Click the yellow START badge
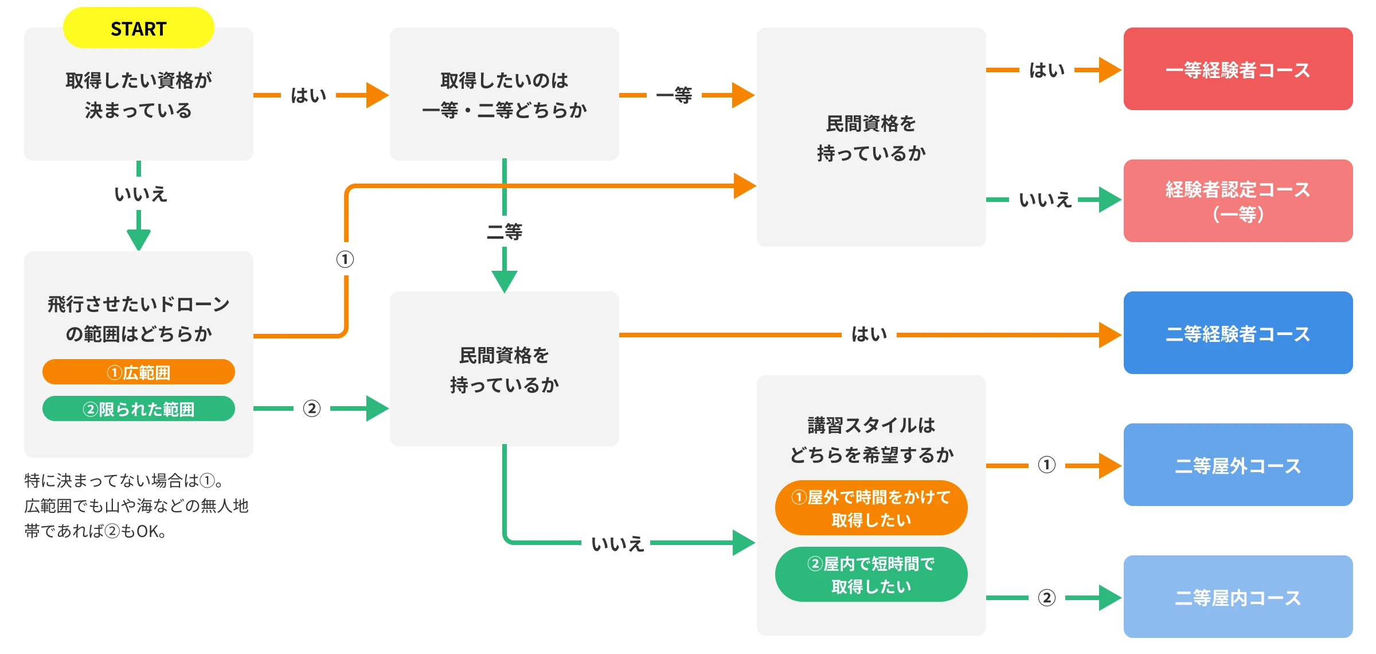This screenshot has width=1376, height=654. [138, 28]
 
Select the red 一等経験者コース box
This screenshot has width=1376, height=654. [1237, 69]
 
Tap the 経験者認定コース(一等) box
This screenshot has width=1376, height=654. [1237, 201]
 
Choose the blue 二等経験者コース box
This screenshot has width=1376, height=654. [1237, 333]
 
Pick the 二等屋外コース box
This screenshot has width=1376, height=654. [1237, 465]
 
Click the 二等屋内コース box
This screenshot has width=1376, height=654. [1237, 597]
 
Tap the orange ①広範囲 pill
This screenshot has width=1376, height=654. [138, 372]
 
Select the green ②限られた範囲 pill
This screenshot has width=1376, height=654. [138, 409]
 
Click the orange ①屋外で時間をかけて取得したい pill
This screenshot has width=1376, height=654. [870, 508]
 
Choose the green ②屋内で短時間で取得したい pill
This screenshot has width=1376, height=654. [870, 575]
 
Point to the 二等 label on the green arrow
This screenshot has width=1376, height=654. [504, 232]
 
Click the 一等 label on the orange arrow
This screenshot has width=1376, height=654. [674, 95]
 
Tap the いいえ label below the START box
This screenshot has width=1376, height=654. [140, 194]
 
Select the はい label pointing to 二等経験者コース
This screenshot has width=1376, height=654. [869, 334]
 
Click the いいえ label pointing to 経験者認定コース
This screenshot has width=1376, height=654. [1045, 200]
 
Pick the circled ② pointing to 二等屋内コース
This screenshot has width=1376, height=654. [1046, 598]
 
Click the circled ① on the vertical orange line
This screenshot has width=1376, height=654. [345, 259]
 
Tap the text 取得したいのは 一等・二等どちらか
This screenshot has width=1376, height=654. [504, 95]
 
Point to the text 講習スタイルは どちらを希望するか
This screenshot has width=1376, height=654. [870, 440]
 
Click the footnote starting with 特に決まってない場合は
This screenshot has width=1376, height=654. [136, 505]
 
